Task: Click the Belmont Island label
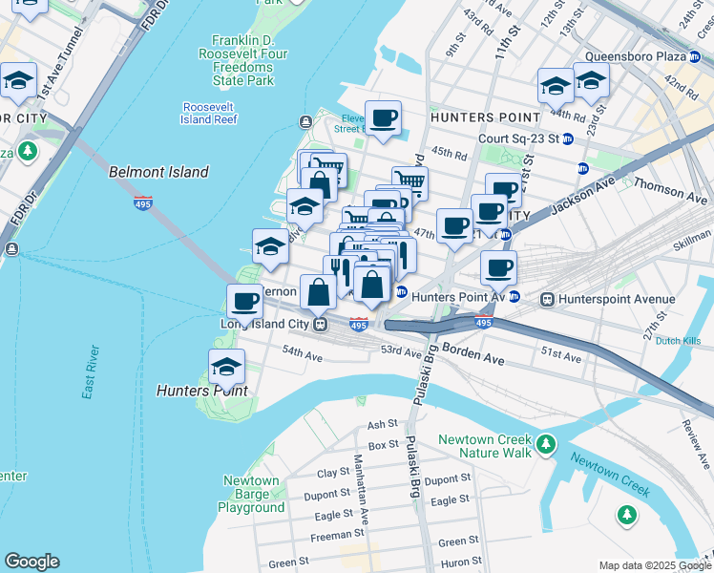tap(158, 173)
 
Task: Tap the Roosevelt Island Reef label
tap(209, 113)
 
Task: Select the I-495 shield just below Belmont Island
tap(142, 204)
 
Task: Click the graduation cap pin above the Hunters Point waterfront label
tap(226, 366)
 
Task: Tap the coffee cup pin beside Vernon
tap(244, 302)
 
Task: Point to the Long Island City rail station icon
tap(323, 324)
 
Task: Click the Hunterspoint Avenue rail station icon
tap(548, 299)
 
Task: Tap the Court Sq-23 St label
tap(518, 138)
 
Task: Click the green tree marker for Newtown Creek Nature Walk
tap(545, 444)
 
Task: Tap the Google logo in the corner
tap(31, 562)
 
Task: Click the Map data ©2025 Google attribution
tap(656, 565)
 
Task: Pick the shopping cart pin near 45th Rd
tap(409, 181)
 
